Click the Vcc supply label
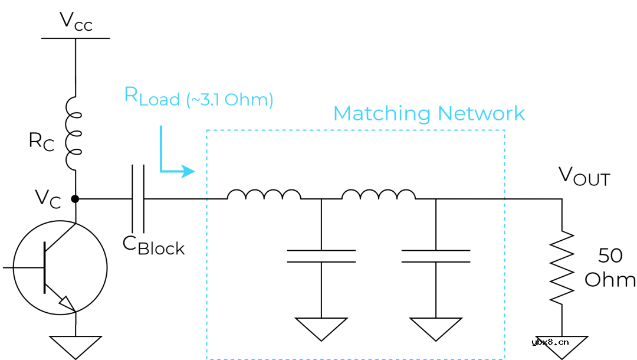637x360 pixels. pos(75,21)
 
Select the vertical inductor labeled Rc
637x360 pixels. pos(74,133)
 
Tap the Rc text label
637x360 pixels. pos(41,141)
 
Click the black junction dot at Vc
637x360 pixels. pos(75,199)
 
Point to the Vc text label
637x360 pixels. pos(47,198)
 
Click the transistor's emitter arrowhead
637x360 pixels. pos(68,303)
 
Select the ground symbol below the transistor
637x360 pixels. pos(75,346)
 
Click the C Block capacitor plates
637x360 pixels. pos(138,199)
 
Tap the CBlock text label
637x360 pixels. pos(153,245)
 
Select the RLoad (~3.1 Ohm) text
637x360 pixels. pos(198,97)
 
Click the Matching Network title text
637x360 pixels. pos(429,113)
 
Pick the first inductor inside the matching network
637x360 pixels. pos(264,194)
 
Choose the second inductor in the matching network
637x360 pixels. pos(379,194)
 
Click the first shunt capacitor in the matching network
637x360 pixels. pos(321,256)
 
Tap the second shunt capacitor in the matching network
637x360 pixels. pos(436,256)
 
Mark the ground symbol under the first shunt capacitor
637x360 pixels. pos(321,328)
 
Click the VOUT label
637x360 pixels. pos(583,176)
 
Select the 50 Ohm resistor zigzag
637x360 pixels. pos(562,267)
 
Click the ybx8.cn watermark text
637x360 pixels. pos(550,342)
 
